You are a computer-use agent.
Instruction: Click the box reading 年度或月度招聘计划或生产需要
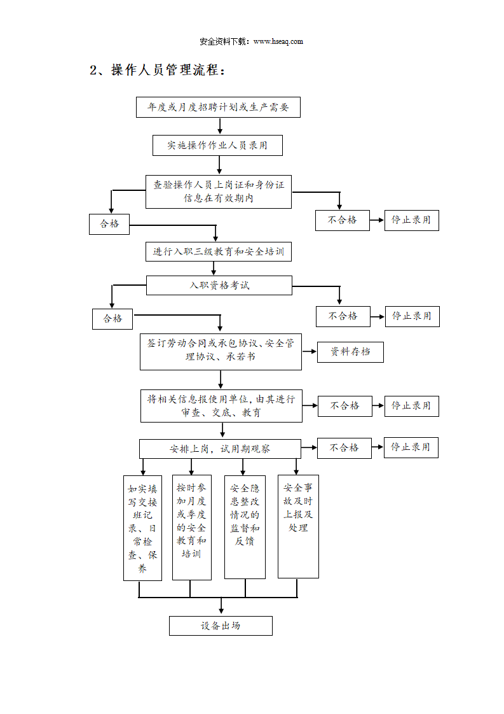pyautogui.click(x=219, y=107)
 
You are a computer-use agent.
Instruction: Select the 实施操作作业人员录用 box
pyautogui.click(x=217, y=145)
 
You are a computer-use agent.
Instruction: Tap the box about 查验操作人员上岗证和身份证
pyautogui.click(x=219, y=192)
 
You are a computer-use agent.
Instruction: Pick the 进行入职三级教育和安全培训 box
pyautogui.click(x=219, y=251)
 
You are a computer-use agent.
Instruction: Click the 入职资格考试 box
pyautogui.click(x=219, y=285)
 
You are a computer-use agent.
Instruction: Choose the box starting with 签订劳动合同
pyautogui.click(x=221, y=351)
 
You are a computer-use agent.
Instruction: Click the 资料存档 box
pyautogui.click(x=350, y=352)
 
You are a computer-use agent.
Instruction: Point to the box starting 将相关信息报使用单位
pyautogui.click(x=222, y=406)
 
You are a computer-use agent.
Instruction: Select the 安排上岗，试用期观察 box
pyautogui.click(x=220, y=449)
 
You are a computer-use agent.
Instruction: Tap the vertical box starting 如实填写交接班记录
pyautogui.click(x=142, y=528)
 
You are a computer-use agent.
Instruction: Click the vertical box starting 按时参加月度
pyautogui.click(x=191, y=528)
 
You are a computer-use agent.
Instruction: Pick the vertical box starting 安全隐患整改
pyautogui.click(x=245, y=527)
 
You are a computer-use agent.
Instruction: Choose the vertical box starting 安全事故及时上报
pyautogui.click(x=299, y=526)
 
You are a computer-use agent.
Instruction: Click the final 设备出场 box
pyautogui.click(x=221, y=626)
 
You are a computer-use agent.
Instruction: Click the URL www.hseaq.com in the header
pyautogui.click(x=278, y=41)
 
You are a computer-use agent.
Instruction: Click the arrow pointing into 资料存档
pyautogui.click(x=310, y=351)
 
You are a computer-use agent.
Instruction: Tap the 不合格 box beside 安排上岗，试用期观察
pyautogui.click(x=344, y=448)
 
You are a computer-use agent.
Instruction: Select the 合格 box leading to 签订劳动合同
pyautogui.click(x=112, y=319)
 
